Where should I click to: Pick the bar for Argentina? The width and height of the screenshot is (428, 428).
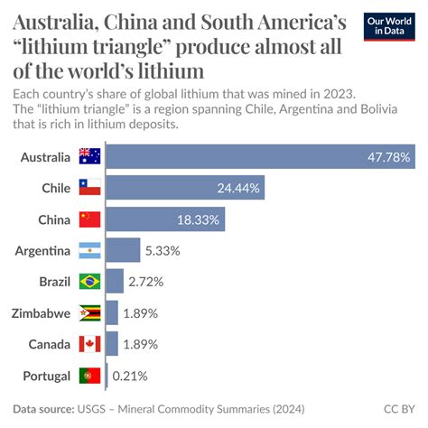(122, 250)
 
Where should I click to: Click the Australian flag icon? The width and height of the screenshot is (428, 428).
(89, 157)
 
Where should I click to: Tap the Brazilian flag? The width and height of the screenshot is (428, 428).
(89, 282)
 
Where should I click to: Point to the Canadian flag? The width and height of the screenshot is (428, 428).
(89, 344)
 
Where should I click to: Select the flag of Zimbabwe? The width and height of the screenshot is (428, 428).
(89, 312)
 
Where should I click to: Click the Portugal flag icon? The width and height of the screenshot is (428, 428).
(89, 375)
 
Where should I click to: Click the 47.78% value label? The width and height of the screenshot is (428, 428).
(390, 158)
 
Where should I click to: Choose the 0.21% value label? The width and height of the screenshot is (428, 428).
(129, 376)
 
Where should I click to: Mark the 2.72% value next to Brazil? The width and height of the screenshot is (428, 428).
(146, 282)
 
